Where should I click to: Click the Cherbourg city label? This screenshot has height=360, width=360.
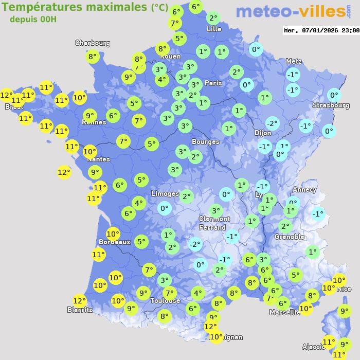93,43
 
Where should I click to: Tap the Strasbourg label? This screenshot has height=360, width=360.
331,105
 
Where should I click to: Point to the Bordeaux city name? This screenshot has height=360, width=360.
114,242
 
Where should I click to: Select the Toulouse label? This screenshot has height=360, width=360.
165,300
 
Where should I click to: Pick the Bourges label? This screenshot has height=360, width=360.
205,141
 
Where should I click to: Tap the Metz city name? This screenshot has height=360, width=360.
294,61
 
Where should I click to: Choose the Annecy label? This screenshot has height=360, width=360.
304,190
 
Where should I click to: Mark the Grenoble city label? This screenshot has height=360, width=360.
290,237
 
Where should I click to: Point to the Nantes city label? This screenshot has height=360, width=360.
98,159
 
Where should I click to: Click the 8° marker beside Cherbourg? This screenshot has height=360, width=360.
92,57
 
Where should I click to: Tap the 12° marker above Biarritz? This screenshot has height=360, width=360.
79,301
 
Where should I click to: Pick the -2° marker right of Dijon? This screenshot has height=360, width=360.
272,123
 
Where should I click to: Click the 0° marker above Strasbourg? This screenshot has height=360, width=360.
334,95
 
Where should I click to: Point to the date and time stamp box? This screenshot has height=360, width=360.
321,30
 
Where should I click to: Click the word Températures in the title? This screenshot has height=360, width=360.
37,7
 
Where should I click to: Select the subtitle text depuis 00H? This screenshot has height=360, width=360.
33,19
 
